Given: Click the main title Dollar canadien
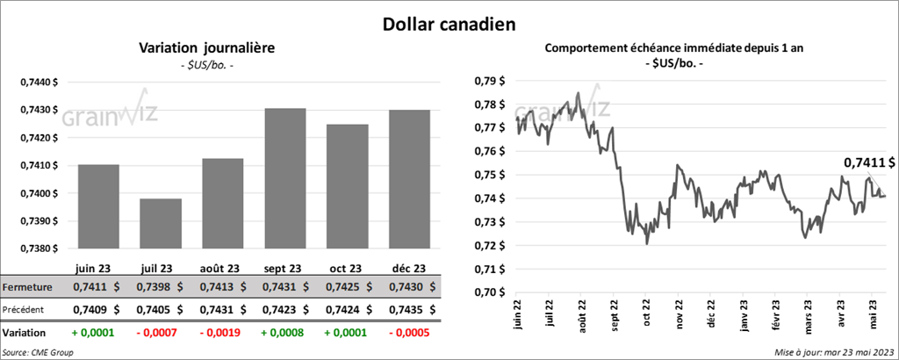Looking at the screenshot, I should pyautogui.click(x=449, y=24).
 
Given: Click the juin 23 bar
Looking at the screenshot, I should pyautogui.click(x=99, y=207).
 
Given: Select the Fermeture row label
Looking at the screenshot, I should pyautogui.click(x=28, y=286).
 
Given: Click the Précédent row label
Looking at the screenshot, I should pyautogui.click(x=26, y=309).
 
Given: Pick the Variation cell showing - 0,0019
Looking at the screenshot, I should pyautogui.click(x=219, y=334).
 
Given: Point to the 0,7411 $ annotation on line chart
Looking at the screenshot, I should pyautogui.click(x=869, y=162).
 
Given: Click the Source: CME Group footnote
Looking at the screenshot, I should pyautogui.click(x=39, y=351).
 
